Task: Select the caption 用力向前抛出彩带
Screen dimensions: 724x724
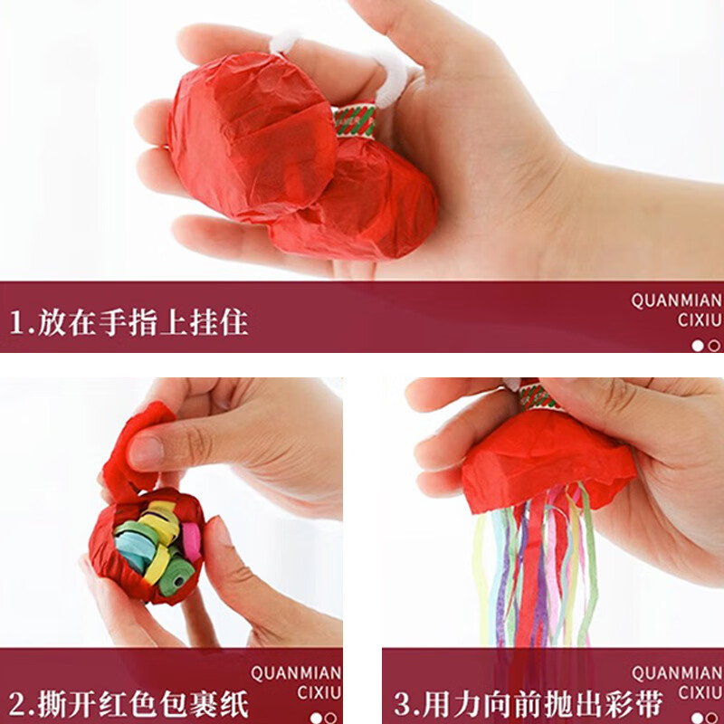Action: pyautogui.click(x=541, y=703)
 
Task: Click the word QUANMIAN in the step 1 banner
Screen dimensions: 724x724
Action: pyautogui.click(x=677, y=300)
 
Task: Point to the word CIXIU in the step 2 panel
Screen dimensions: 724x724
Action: pyautogui.click(x=319, y=693)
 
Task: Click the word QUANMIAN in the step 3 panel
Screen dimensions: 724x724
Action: pyautogui.click(x=677, y=672)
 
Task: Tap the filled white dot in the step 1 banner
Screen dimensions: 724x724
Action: pyautogui.click(x=698, y=345)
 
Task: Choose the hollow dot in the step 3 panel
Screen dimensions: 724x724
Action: pyautogui.click(x=714, y=718)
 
